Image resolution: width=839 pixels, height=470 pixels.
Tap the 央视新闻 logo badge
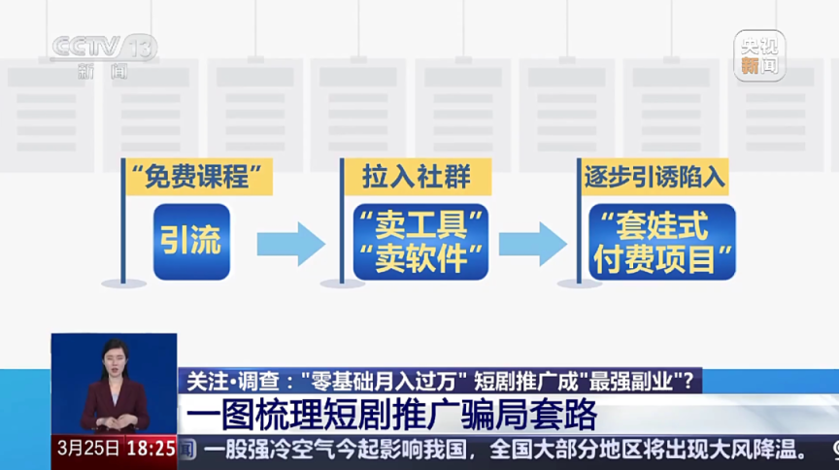coord(758,54)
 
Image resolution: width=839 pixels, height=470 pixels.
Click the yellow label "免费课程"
coord(198,178)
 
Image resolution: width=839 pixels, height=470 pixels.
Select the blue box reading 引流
coord(191,241)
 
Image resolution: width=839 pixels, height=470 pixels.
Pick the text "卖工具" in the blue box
coord(420,225)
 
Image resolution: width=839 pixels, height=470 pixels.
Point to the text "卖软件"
coord(420,258)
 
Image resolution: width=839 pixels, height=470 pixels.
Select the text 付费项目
coord(661,258)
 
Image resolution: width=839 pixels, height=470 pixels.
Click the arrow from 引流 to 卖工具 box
coord(290,243)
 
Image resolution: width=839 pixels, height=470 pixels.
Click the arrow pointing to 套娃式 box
coord(533,243)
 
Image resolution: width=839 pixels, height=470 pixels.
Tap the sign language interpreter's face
coord(116,359)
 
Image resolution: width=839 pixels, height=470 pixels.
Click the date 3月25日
coord(88,449)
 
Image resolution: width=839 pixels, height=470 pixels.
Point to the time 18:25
coord(151,449)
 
